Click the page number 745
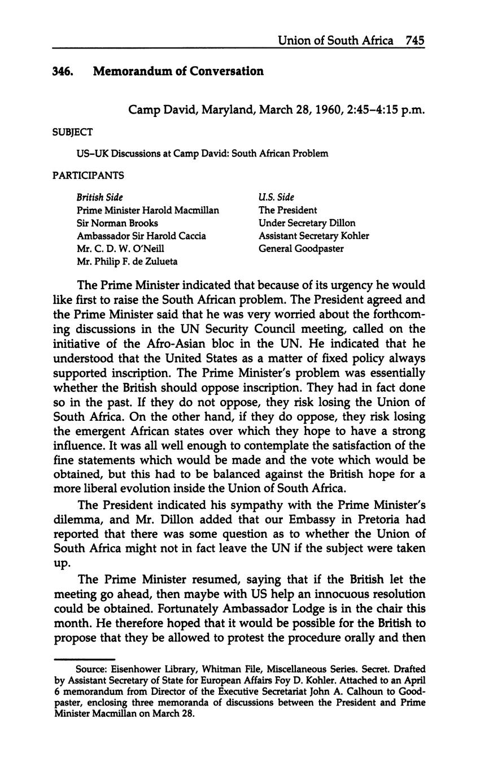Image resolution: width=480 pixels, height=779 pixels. tap(414, 41)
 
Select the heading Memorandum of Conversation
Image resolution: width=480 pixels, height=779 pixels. tap(178, 72)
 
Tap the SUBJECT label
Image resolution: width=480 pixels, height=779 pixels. tap(72, 132)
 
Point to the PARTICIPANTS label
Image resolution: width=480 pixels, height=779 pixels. tap(88, 176)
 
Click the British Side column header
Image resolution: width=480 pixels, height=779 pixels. tap(100, 197)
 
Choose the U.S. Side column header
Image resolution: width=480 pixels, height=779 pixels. tap(276, 197)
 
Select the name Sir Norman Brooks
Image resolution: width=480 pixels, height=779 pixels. tap(117, 223)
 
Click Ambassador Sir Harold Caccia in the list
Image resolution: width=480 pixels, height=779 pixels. tap(141, 236)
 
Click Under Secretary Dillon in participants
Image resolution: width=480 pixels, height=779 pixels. tap(307, 223)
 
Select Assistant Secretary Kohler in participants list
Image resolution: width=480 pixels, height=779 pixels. tap(314, 236)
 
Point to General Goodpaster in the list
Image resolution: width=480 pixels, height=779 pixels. tap(301, 249)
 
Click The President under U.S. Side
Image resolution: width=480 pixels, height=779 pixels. tap(288, 210)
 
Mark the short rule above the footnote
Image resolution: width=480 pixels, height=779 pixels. tap(84, 659)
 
